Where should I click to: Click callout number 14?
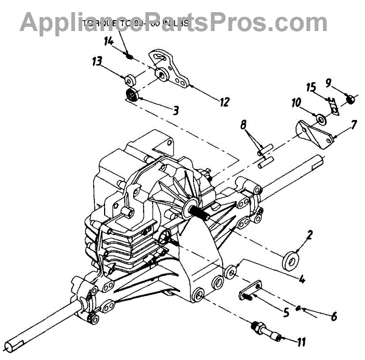(108, 41)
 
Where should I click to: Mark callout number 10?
(296, 104)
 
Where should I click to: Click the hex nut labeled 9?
(351, 99)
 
